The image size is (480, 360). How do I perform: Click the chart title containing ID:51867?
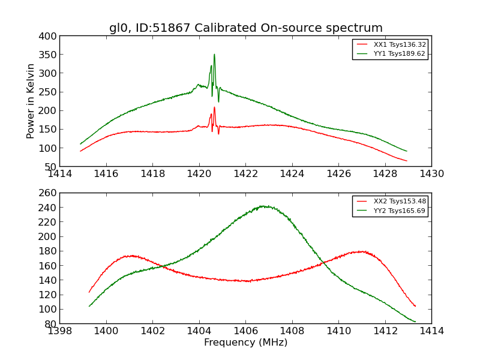(245, 28)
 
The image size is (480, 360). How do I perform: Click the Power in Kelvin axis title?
(31, 101)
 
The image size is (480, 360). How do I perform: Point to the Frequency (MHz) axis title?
(245, 343)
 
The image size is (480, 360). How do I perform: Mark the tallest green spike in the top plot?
(214, 55)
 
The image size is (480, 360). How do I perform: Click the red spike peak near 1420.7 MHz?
(214, 108)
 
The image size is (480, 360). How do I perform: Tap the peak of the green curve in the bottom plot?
(263, 206)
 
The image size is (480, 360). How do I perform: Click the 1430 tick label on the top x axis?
(431, 173)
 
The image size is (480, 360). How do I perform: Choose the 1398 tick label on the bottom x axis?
(60, 331)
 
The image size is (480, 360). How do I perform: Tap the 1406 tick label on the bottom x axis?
(245, 331)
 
